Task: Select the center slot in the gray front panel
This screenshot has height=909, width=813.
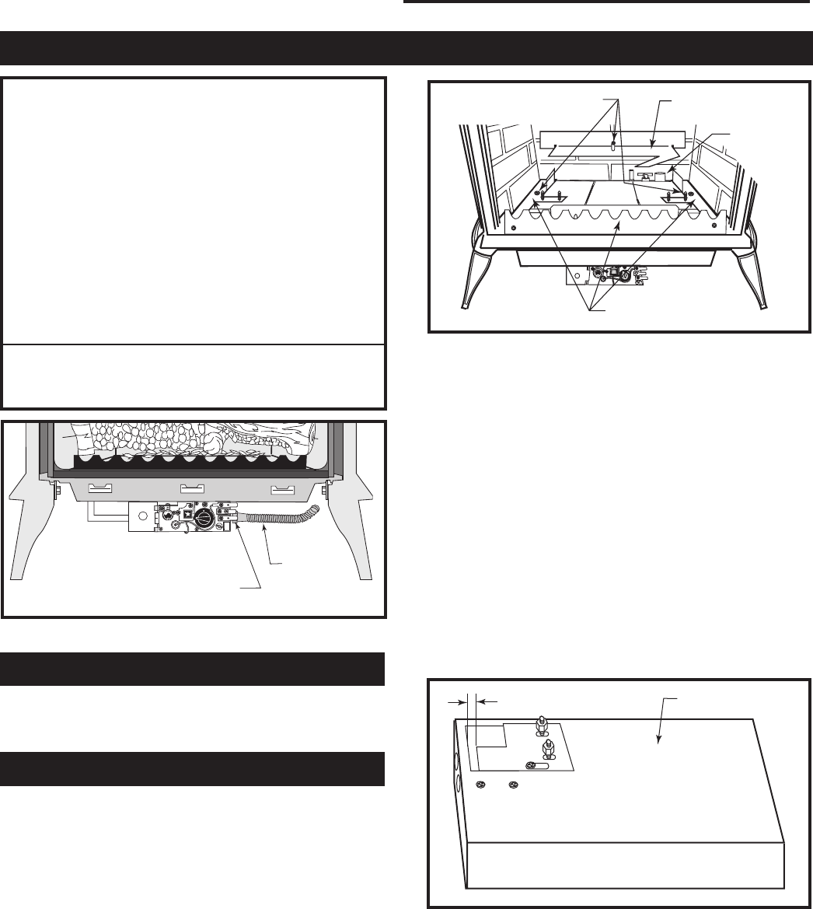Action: pos(191,488)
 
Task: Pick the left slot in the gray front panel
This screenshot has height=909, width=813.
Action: pos(100,488)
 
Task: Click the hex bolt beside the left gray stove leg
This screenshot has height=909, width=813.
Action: pos(58,491)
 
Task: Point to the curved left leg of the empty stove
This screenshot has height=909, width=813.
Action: pos(476,272)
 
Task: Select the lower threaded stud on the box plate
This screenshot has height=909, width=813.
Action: pos(547,748)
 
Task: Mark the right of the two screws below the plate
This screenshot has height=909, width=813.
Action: pos(511,786)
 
